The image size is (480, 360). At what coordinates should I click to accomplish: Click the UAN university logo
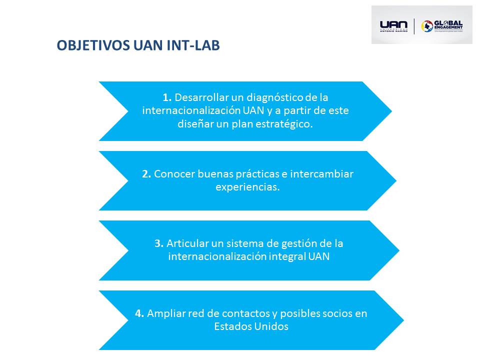pyautogui.click(x=393, y=25)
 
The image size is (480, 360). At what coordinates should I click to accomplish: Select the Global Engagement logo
pyautogui.click(x=442, y=25)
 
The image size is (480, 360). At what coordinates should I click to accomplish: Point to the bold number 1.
pyautogui.click(x=167, y=97)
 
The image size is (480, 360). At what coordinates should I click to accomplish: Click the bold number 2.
pyautogui.click(x=146, y=174)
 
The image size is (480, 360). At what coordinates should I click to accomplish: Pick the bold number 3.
pyautogui.click(x=159, y=243)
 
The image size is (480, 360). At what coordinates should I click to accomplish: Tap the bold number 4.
pyautogui.click(x=139, y=313)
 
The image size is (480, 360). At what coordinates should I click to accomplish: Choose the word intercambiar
pyautogui.click(x=323, y=174)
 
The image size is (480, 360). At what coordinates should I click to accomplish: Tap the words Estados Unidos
pyautogui.click(x=251, y=327)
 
